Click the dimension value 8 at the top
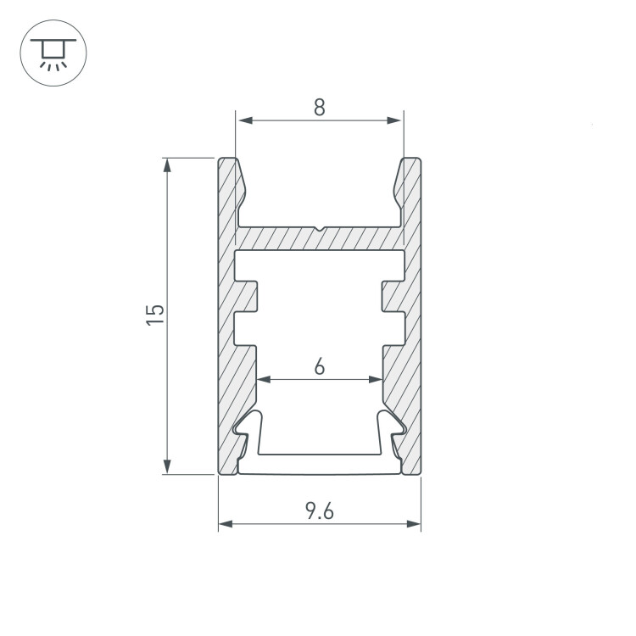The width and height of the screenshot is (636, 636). [320, 108]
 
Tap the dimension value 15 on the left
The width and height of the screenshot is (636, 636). [155, 314]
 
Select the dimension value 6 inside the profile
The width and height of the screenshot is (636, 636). [320, 366]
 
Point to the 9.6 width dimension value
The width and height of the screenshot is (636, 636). [320, 511]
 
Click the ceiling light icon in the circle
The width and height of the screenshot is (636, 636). [53, 53]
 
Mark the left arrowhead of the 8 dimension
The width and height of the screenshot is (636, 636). [246, 120]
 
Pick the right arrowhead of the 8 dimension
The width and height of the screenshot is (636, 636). [393, 120]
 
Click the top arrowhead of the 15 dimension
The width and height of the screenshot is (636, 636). [167, 165]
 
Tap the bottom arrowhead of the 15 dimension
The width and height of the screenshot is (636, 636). [167, 466]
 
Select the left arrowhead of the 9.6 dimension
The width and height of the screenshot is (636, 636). [226, 524]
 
